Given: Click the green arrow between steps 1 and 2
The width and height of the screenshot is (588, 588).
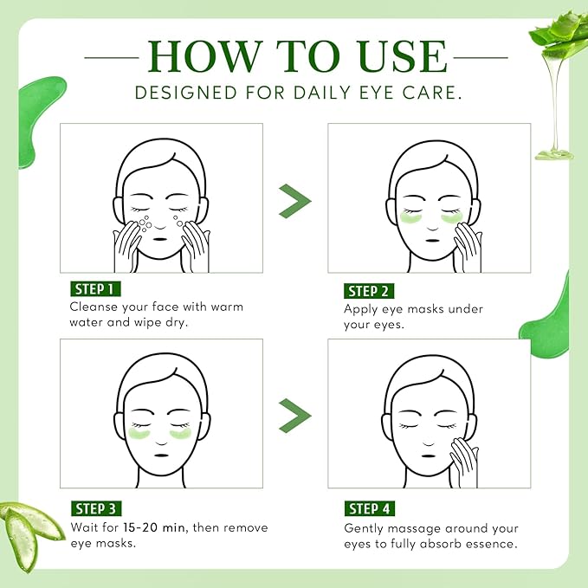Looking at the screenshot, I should (x=294, y=201).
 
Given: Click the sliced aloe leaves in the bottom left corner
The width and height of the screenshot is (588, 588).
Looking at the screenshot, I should (x=30, y=529).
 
